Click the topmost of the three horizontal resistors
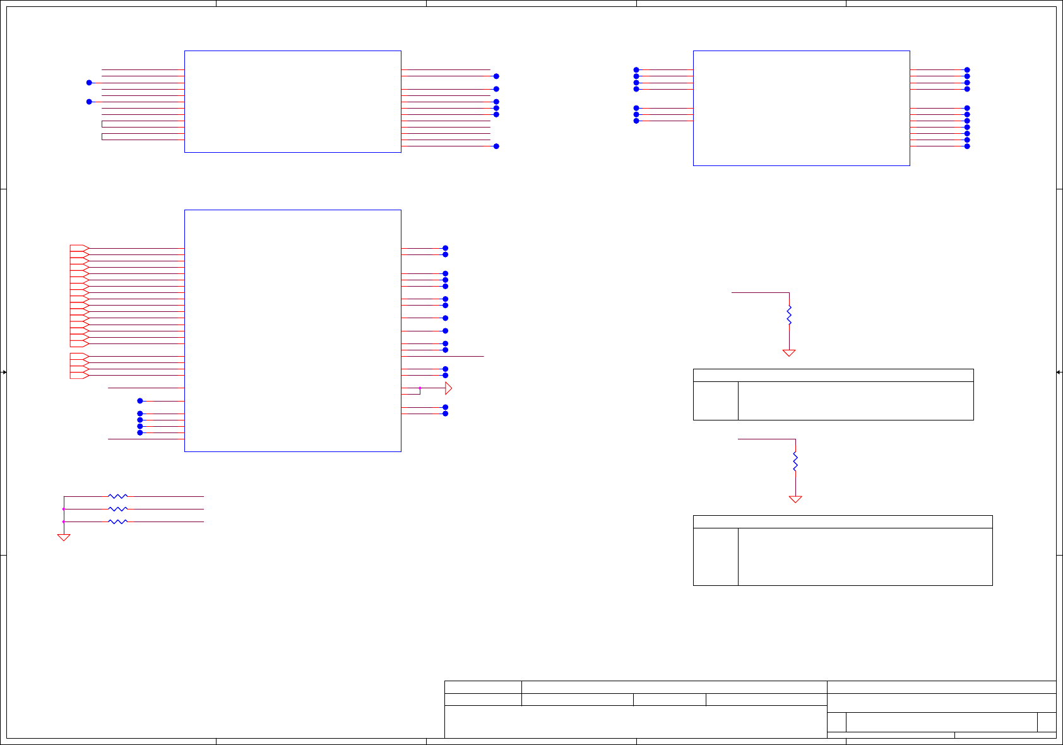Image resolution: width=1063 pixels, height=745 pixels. pos(118,496)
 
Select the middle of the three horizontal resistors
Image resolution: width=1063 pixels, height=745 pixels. pos(118,509)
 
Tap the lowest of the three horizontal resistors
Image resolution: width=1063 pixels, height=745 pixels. pos(118,521)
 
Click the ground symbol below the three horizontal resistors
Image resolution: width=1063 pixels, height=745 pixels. pos(64,537)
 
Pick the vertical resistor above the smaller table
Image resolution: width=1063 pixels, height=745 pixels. pos(789,315)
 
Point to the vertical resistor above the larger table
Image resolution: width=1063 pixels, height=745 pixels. pos(795,462)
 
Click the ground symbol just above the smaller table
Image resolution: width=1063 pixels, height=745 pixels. pos(789,353)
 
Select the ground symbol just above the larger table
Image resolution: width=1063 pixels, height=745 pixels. pos(795,499)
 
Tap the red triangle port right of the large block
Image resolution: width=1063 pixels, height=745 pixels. pos(448,388)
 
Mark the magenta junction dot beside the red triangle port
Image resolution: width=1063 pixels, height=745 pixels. pos(420,388)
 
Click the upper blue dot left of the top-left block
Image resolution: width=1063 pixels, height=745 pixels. pos(89,83)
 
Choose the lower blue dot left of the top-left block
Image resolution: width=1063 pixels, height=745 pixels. pos(89,102)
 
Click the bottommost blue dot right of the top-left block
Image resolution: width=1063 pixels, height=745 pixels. pos(496,146)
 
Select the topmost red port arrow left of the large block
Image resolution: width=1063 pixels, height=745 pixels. pos(79,248)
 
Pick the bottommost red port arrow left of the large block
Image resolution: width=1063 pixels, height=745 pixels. pos(79,376)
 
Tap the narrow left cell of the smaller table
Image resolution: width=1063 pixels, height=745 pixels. pos(716,401)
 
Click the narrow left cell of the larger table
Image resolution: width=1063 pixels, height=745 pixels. pos(716,557)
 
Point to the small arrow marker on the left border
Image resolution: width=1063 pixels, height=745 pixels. pos(4,372)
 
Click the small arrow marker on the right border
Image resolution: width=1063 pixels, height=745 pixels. pos(1059,372)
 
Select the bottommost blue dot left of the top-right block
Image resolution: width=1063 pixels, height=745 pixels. pos(636,121)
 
